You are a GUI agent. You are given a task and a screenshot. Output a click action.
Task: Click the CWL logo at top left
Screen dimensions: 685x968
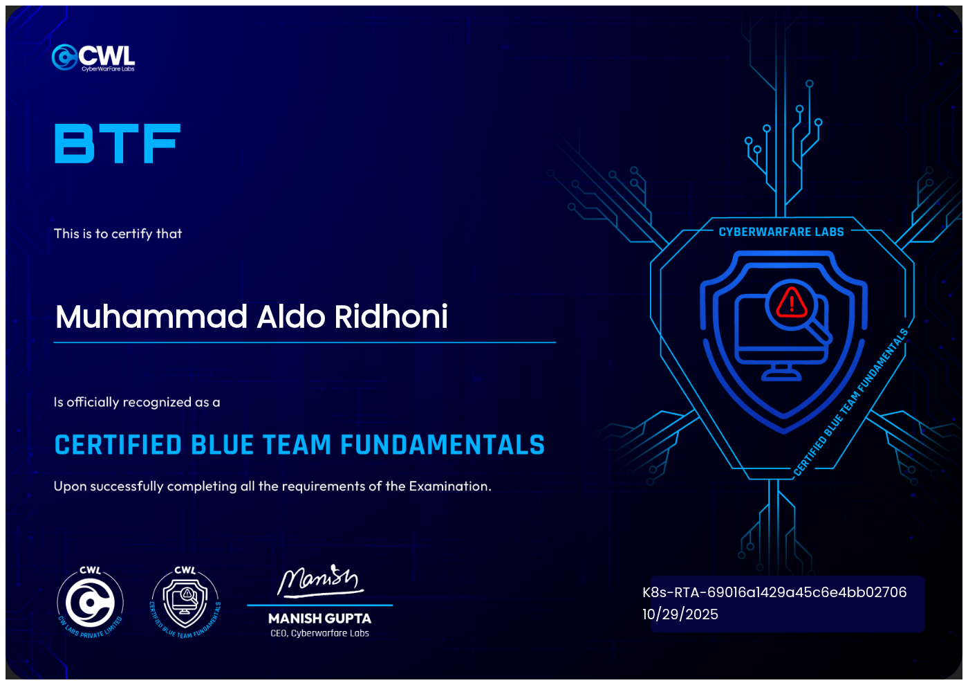coord(93,57)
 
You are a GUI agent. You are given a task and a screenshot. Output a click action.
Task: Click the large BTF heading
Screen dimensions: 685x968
coord(118,144)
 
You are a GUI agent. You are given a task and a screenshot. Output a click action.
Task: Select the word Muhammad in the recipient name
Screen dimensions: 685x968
coord(151,317)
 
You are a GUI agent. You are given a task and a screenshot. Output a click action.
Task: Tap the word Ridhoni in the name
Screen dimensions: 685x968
coord(391,317)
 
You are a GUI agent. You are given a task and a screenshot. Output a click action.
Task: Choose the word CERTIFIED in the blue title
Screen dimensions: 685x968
coord(118,445)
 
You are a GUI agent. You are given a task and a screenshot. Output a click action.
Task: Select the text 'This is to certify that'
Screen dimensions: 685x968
coord(118,234)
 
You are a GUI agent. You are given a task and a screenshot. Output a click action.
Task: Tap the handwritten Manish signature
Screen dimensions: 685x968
coord(319,580)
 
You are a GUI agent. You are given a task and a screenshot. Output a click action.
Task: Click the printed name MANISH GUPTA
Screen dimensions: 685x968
coord(319,619)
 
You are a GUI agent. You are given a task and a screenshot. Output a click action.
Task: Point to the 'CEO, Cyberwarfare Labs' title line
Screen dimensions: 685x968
coord(319,633)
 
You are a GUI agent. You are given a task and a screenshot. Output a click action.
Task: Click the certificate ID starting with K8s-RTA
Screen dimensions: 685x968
coord(774,592)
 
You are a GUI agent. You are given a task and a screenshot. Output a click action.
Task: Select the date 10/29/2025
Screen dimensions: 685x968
coord(680,614)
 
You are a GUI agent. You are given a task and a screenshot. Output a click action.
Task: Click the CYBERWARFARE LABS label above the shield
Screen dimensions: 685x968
coord(781,232)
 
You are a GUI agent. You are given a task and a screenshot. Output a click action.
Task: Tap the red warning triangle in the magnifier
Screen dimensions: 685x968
coord(791,302)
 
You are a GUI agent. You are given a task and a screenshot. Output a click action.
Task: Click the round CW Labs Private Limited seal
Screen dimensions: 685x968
coord(90,603)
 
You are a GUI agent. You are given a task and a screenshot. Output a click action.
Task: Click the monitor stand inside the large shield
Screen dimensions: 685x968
coord(782,372)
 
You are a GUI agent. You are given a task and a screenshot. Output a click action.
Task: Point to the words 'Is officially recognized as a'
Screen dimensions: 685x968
coord(137,402)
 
